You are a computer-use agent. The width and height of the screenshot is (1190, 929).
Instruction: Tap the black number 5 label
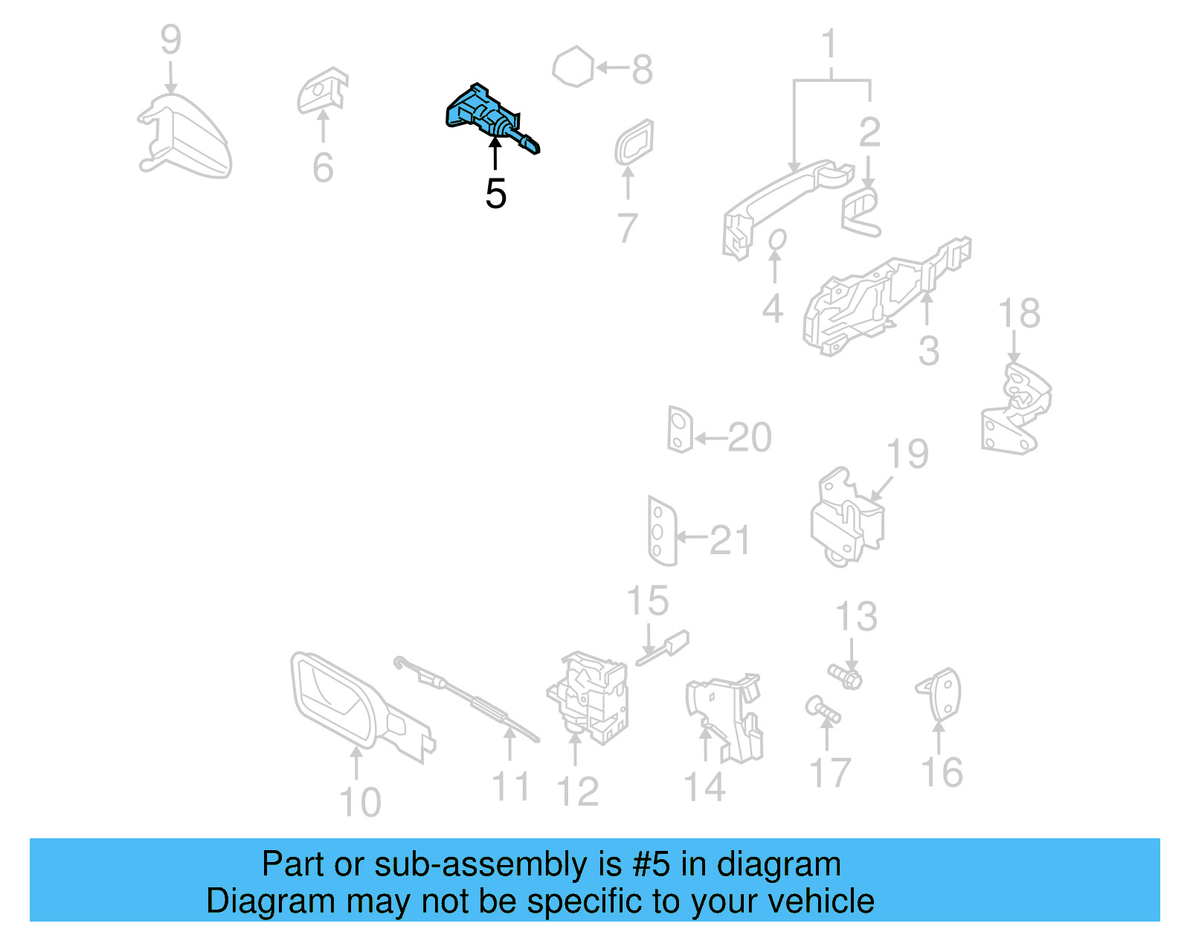495,194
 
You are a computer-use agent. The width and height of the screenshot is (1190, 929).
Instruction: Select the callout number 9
170,40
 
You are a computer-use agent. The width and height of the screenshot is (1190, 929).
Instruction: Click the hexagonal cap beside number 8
573,68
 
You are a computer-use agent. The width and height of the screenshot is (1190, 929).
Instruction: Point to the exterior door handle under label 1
781,197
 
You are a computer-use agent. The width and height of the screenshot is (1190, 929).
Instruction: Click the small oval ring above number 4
776,240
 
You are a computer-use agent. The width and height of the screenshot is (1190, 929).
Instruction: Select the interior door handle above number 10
350,703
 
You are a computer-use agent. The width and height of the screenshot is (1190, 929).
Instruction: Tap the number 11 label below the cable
511,786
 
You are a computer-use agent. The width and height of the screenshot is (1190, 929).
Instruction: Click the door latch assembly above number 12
591,695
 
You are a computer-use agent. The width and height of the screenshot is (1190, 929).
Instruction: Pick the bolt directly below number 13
846,676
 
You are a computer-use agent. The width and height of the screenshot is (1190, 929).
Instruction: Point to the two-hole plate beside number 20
679,430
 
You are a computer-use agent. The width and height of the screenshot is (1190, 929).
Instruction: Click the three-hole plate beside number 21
660,531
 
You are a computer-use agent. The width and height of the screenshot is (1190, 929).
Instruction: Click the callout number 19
907,454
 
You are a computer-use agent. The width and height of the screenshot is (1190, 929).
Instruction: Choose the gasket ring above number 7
634,143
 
